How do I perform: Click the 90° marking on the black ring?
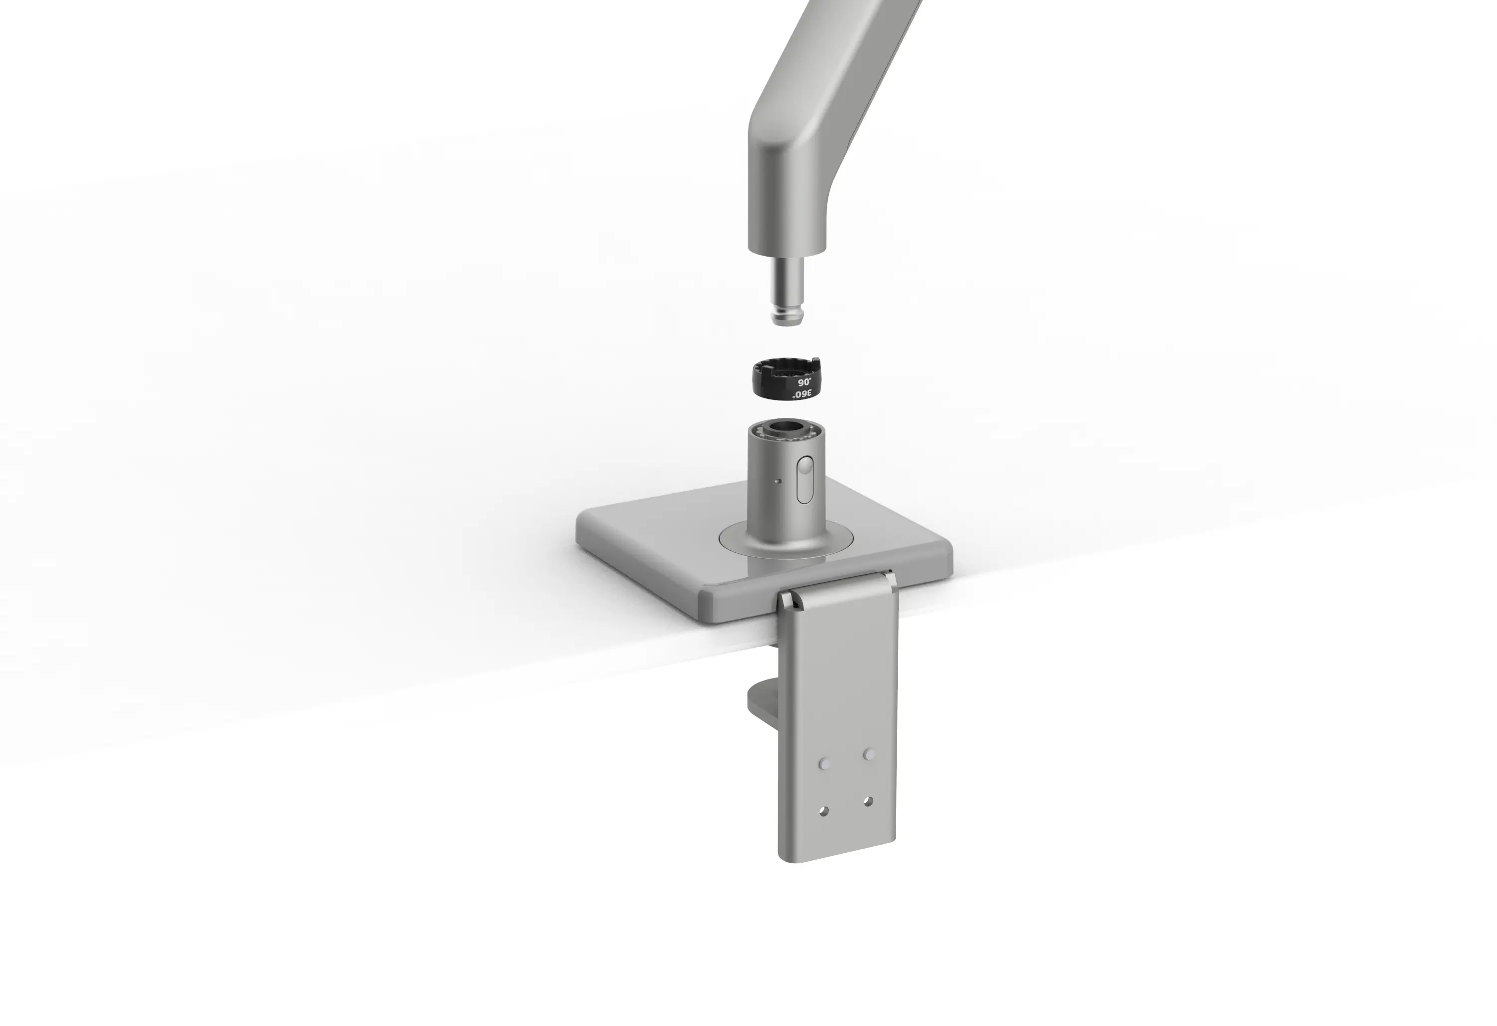click(x=804, y=382)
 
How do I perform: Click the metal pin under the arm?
click(x=787, y=290)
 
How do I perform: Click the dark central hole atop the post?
click(x=786, y=428)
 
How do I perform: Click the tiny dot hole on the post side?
click(x=778, y=480)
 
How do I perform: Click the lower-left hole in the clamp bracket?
click(x=824, y=811)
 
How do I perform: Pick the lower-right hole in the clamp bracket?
click(x=868, y=802)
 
